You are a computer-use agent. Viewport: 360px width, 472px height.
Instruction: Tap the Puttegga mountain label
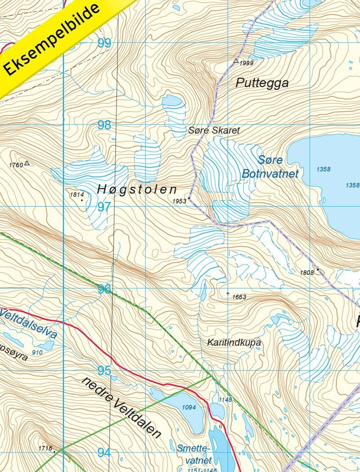coord(262,83)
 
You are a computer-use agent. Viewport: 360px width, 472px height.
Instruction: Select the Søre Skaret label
coord(214,130)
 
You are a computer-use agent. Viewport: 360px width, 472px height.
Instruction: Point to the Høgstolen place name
coord(137,190)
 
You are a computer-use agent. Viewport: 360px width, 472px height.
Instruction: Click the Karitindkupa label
coord(234,342)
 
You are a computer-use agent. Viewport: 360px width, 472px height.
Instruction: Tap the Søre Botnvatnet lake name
coord(270,167)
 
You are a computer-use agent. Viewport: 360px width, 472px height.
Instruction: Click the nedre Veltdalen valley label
coord(121,407)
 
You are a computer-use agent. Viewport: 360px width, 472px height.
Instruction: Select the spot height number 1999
coord(246,63)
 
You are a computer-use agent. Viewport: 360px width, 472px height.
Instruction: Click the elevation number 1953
coord(179,201)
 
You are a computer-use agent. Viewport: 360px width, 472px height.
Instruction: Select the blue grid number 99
coord(104,43)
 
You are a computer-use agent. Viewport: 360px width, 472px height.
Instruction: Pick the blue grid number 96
coord(104,289)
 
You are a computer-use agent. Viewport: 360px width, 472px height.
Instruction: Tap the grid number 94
coord(104,452)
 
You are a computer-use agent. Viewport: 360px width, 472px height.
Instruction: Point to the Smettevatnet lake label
coord(194,454)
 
